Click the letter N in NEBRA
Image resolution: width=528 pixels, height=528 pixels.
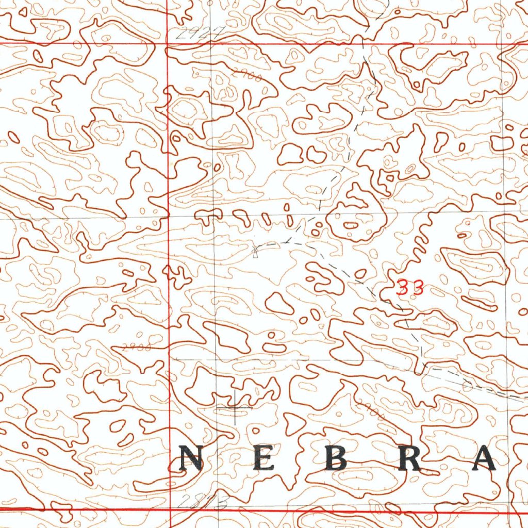[x=190, y=458]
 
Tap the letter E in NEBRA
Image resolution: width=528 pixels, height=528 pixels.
[x=263, y=458]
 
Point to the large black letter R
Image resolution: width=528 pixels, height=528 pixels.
[x=410, y=458]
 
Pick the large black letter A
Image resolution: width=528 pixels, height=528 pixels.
[x=484, y=458]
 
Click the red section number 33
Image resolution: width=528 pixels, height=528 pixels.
[x=410, y=288]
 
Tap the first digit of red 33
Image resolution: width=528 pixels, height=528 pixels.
[x=404, y=288]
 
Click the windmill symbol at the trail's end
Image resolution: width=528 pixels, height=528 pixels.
[x=255, y=251]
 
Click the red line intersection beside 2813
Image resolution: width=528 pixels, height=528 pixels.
[x=170, y=510]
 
